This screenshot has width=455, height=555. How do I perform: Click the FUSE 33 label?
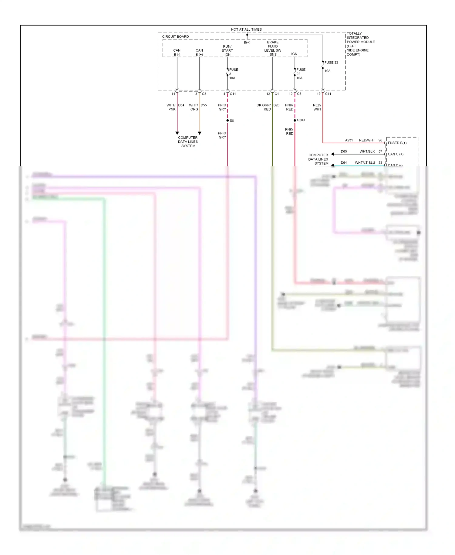(x=331, y=63)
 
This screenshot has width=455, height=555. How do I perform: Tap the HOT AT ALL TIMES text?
(x=246, y=29)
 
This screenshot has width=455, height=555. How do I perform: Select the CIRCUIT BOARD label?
(x=175, y=36)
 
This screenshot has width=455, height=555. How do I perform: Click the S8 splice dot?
(x=227, y=121)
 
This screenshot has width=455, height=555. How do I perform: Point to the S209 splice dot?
(x=295, y=120)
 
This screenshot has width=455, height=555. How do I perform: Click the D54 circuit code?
(x=181, y=105)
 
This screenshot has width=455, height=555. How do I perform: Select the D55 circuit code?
(x=204, y=105)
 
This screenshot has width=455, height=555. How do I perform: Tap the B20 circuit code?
(x=276, y=105)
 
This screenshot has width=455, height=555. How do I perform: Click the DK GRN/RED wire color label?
(x=264, y=107)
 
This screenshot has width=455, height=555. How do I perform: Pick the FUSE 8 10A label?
(x=233, y=74)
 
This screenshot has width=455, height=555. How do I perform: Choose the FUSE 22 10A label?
(x=300, y=74)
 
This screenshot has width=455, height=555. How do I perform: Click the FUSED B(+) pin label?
(x=397, y=143)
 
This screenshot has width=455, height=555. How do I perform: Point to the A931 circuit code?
(x=349, y=140)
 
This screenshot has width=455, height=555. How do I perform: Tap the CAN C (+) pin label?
(x=396, y=154)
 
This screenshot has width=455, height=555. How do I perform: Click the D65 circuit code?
(x=344, y=152)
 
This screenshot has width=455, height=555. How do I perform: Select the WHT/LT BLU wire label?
(x=365, y=163)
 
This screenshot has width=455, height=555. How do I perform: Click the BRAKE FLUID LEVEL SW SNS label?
(x=273, y=48)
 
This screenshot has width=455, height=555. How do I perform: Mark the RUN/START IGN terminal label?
(x=227, y=50)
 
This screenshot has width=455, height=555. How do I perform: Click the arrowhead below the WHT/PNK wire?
(x=177, y=133)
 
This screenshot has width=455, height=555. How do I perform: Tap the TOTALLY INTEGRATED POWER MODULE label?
(x=360, y=44)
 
